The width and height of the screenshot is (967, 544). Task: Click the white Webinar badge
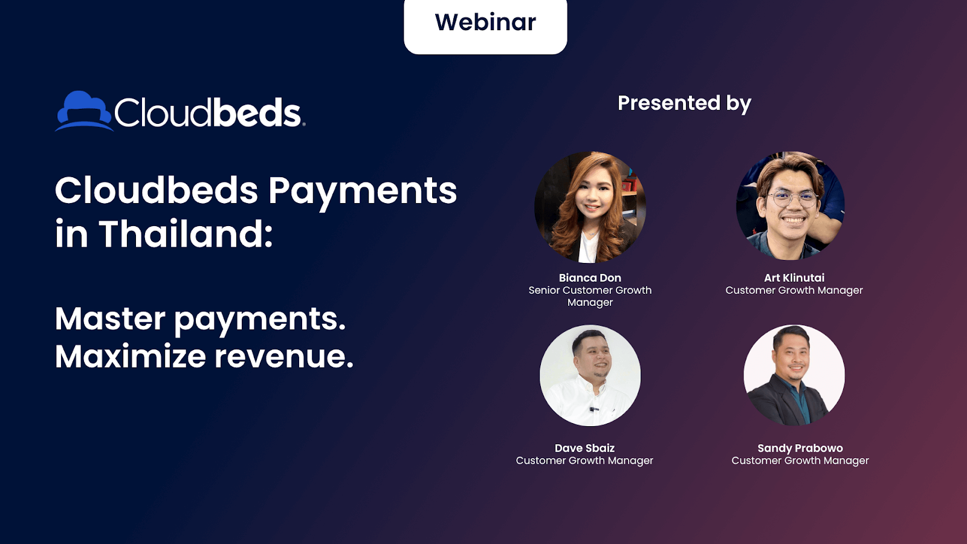click(x=485, y=26)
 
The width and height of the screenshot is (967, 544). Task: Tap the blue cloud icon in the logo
click(x=84, y=111)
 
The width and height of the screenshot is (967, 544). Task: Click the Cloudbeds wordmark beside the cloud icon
click(x=209, y=112)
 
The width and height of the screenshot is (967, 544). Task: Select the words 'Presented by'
click(x=684, y=103)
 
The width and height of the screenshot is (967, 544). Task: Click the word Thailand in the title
click(x=186, y=233)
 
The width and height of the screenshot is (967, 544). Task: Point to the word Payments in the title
click(x=363, y=191)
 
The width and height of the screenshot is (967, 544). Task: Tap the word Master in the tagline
click(x=110, y=319)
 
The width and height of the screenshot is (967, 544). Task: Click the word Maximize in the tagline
click(x=131, y=356)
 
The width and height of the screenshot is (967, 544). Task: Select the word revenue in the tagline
click(x=284, y=357)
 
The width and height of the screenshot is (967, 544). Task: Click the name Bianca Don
click(x=590, y=277)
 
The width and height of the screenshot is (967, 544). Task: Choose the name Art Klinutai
click(x=794, y=277)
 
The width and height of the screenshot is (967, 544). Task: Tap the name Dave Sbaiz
click(x=584, y=448)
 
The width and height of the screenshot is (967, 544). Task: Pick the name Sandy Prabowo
click(x=800, y=448)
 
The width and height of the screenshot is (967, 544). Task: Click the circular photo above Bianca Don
click(x=590, y=207)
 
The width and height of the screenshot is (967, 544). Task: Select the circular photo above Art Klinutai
click(x=791, y=206)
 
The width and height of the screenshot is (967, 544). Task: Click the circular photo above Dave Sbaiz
click(x=590, y=375)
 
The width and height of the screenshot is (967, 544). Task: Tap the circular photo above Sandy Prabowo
click(x=794, y=375)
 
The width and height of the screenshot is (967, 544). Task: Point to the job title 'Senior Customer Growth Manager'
click(x=590, y=296)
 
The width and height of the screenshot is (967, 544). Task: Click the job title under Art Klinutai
click(x=794, y=290)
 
